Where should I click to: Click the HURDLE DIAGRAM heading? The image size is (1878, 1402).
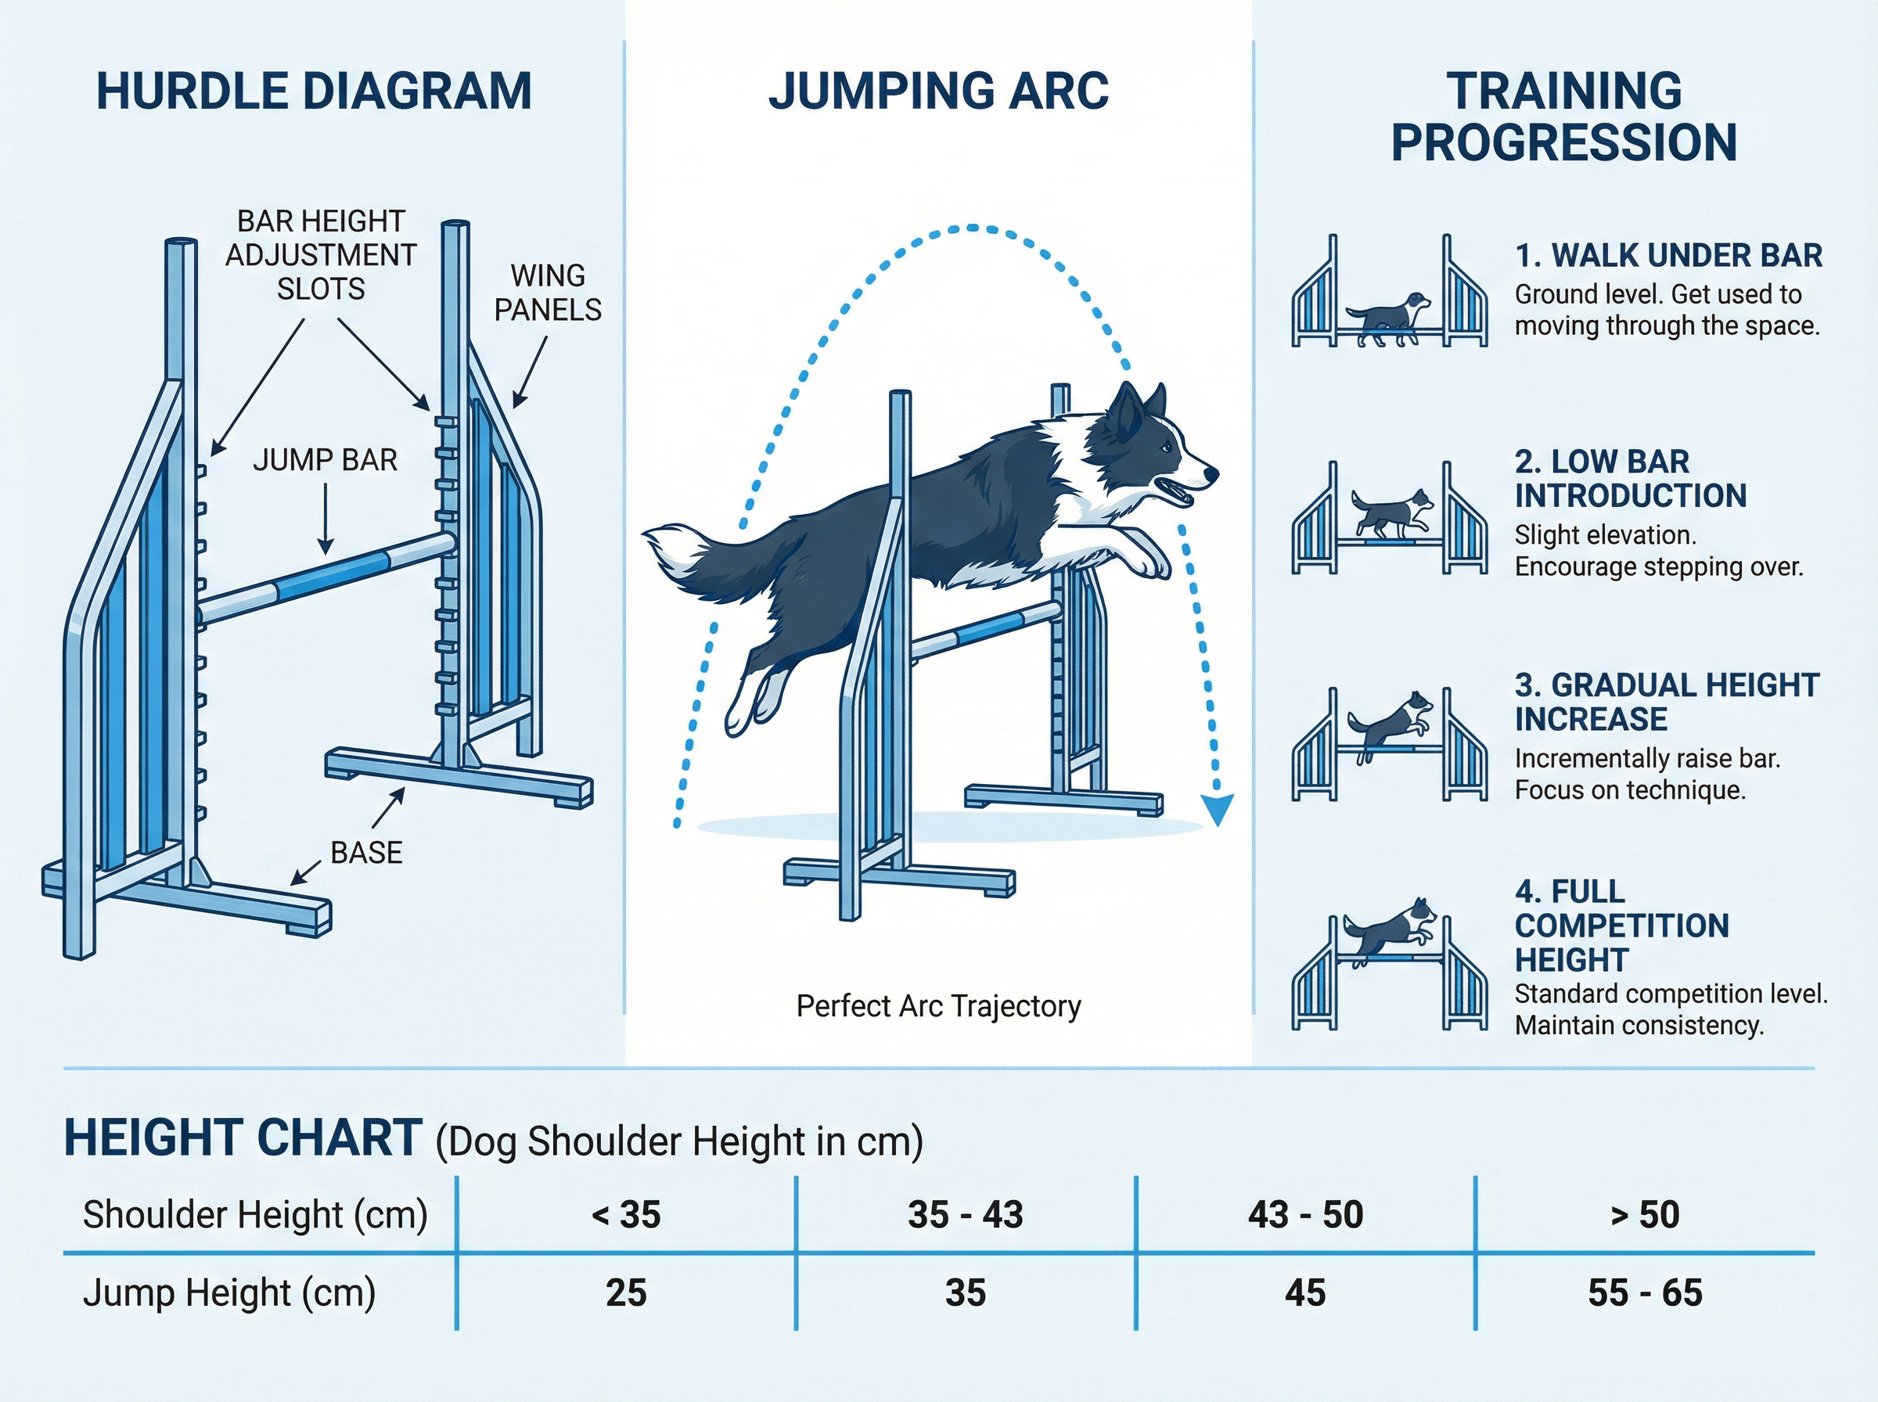pos(314,92)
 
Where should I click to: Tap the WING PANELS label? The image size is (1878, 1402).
pos(548,293)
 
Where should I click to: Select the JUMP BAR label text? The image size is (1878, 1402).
pos(325,460)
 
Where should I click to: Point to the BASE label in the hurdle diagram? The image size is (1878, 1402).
pos(367,852)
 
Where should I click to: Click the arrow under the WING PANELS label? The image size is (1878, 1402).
pos(530,372)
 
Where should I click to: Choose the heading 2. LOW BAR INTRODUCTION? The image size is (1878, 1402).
pos(1630,479)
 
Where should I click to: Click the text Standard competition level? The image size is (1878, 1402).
pos(1671,993)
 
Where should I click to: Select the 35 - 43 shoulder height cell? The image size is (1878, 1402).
pos(966,1214)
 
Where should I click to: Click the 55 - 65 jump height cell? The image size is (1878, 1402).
pos(1645,1292)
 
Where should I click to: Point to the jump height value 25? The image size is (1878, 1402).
pos(626,1292)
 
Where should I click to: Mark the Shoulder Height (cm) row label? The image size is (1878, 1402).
pos(254,1214)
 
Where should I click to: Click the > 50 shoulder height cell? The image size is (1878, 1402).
pos(1645,1214)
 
